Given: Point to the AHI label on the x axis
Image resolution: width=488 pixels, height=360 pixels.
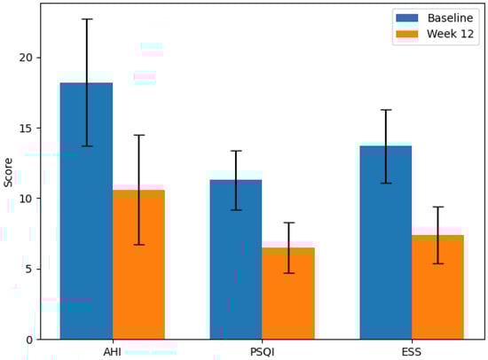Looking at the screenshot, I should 113,350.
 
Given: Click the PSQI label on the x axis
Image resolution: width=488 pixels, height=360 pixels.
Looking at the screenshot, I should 263,350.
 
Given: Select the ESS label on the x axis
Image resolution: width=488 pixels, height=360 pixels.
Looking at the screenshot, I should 412,350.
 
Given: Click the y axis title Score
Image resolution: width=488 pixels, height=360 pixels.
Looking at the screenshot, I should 8,172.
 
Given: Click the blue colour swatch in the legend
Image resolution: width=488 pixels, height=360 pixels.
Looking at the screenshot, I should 406,18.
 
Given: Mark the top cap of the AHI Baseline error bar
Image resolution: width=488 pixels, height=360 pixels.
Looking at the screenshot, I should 86,19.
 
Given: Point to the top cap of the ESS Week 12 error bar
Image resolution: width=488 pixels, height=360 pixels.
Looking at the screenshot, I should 438,207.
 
